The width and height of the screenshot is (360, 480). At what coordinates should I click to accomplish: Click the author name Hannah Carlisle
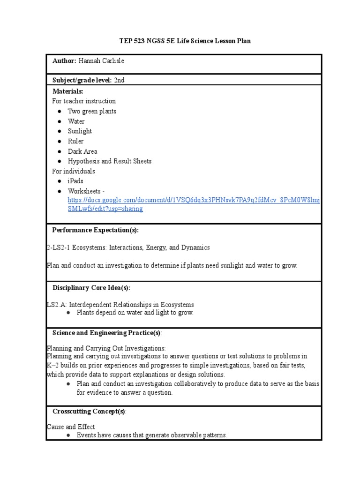pyautogui.click(x=101, y=61)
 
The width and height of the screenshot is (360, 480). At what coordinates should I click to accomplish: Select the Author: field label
pyautogui.click(x=64, y=61)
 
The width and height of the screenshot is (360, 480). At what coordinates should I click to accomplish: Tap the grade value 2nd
pyautogui.click(x=119, y=80)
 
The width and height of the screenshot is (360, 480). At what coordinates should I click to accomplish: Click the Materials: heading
pyautogui.click(x=67, y=91)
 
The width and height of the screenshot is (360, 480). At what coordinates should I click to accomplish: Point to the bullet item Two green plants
pyautogui.click(x=92, y=111)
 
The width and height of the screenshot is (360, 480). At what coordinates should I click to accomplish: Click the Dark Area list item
pyautogui.click(x=82, y=151)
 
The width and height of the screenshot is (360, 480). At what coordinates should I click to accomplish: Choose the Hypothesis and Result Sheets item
pyautogui.click(x=110, y=161)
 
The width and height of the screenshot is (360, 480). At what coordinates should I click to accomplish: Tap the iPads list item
pyautogui.click(x=75, y=181)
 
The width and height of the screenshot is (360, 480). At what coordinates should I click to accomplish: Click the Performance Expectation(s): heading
pyautogui.click(x=96, y=230)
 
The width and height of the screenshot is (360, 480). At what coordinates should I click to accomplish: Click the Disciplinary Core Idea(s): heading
pyautogui.click(x=91, y=287)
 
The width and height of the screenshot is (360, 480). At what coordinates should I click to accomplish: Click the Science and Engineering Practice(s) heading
pyautogui.click(x=106, y=333)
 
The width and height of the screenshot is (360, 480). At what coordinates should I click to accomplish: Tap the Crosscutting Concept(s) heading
pyautogui.click(x=89, y=411)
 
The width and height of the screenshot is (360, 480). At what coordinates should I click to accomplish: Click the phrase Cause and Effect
pyautogui.click(x=71, y=427)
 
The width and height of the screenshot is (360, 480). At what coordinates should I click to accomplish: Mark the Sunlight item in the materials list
pyautogui.click(x=80, y=131)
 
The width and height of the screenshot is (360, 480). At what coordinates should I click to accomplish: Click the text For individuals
pyautogui.click(x=74, y=171)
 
